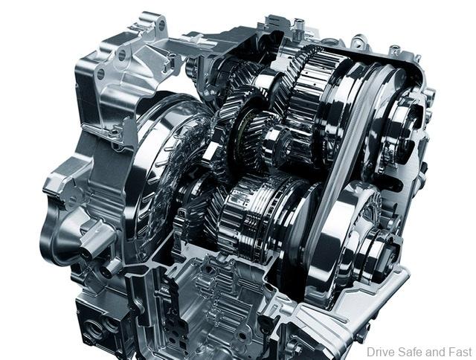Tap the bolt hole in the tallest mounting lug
(x=161, y=25)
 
